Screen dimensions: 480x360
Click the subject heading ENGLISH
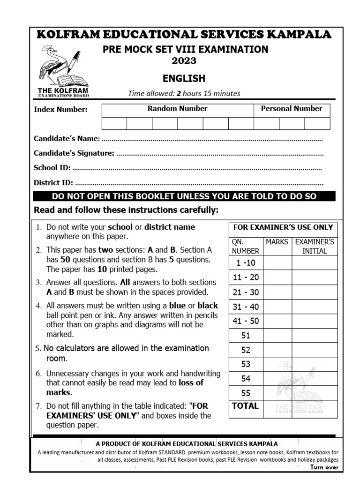(184, 78)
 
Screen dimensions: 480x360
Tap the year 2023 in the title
(184, 61)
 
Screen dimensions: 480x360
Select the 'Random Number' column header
(178, 109)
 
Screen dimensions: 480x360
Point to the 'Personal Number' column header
(292, 109)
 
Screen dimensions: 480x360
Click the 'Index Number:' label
(60, 110)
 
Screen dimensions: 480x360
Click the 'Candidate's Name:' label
(66, 139)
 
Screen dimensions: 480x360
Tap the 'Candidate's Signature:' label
(74, 153)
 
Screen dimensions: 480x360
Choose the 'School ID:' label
(52, 168)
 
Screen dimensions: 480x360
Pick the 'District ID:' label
(53, 183)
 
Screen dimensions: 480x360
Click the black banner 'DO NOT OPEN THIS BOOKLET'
(184, 196)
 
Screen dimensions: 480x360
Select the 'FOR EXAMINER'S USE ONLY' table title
(283, 227)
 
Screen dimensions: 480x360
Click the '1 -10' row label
(246, 262)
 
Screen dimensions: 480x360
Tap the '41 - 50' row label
(246, 321)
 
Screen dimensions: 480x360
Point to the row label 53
(246, 364)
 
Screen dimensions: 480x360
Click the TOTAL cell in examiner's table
(246, 406)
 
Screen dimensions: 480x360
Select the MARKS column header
(277, 242)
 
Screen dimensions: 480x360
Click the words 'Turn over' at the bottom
(324, 467)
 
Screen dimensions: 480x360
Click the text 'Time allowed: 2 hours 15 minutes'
(184, 93)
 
